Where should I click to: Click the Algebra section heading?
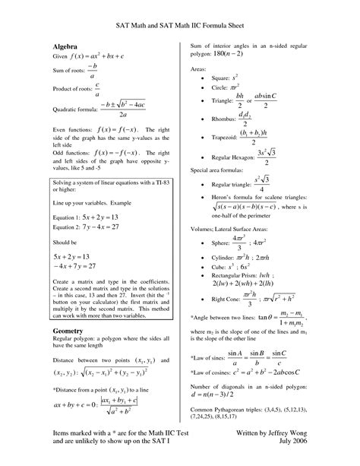[x=68, y=47]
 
